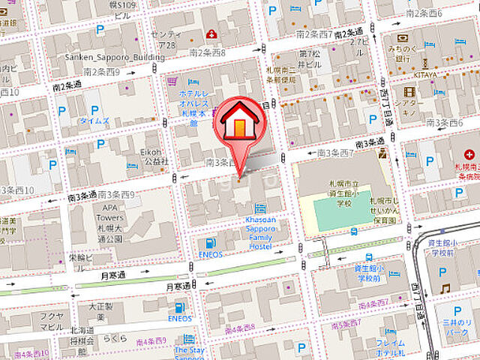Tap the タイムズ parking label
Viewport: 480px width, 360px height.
(x=94, y=120)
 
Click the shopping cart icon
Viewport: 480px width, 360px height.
(x=172, y=81)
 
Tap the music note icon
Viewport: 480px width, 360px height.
(x=445, y=289)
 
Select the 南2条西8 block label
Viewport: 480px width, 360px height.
(x=207, y=52)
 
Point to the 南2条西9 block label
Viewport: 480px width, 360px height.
(x=101, y=72)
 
